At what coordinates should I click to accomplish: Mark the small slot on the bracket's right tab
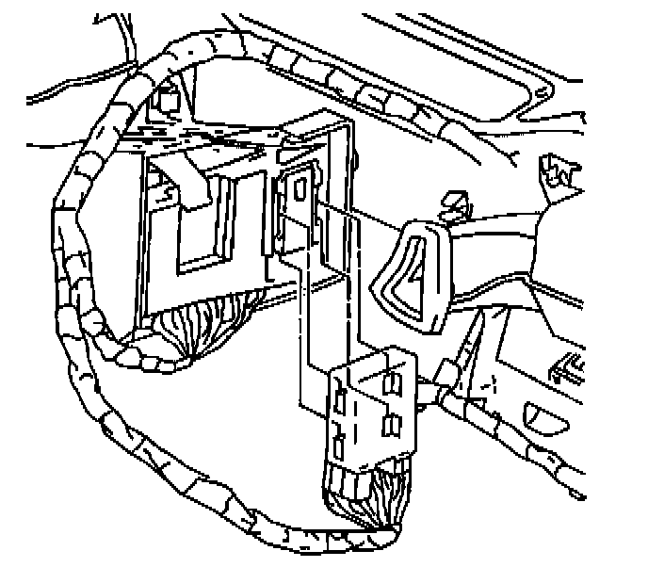[299, 188]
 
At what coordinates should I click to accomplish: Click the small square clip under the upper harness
[170, 98]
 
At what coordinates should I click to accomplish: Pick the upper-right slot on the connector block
[393, 381]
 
